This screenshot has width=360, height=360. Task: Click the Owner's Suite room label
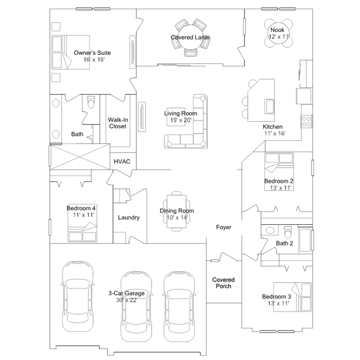pyautogui.click(x=92, y=52)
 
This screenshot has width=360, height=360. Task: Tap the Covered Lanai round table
pyautogui.click(x=190, y=37)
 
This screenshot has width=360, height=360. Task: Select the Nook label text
pyautogui.click(x=277, y=30)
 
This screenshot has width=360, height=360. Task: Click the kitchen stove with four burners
pyautogui.click(x=306, y=122)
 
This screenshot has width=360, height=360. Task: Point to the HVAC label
pyautogui.click(x=122, y=161)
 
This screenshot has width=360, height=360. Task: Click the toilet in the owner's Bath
pyautogui.click(x=91, y=102)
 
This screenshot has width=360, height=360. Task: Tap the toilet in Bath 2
pyautogui.click(x=287, y=232)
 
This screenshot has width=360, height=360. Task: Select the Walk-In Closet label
pyautogui.click(x=118, y=123)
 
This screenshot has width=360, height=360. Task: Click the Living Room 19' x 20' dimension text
pyautogui.click(x=181, y=120)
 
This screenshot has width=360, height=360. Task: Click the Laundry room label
pyautogui.click(x=129, y=217)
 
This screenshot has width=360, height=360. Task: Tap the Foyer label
pyautogui.click(x=224, y=227)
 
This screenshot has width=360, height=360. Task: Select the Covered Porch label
pyautogui.click(x=224, y=283)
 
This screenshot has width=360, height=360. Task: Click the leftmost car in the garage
pyautogui.click(x=78, y=296)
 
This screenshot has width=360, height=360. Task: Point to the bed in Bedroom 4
pyautogui.click(x=82, y=223)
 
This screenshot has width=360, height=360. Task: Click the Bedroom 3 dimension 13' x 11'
pyautogui.click(x=278, y=303)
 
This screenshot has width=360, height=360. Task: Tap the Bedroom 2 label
pyautogui.click(x=279, y=181)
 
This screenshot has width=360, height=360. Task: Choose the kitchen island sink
pyautogui.click(x=269, y=106)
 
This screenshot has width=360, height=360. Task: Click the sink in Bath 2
pyautogui.click(x=270, y=230)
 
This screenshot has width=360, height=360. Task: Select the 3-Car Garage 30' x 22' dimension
pyautogui.click(x=127, y=300)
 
